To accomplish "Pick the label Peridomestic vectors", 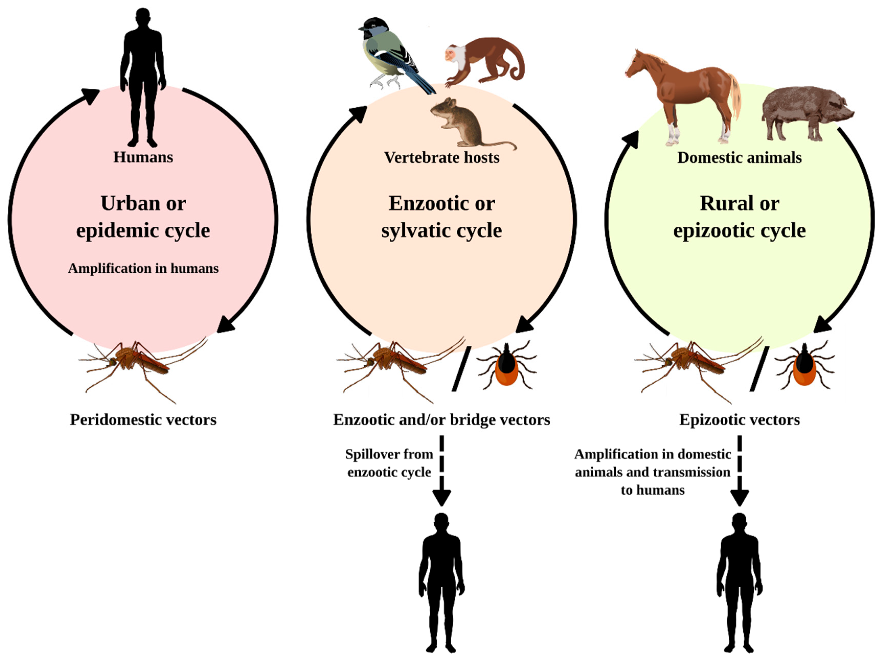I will pos(143,420).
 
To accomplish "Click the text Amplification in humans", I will pos(143,268).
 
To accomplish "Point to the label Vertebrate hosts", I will pos(442,157).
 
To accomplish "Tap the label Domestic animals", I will pos(740,157).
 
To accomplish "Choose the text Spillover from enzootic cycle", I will pos(389,463).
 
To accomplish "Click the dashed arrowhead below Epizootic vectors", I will pos(740,497).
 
